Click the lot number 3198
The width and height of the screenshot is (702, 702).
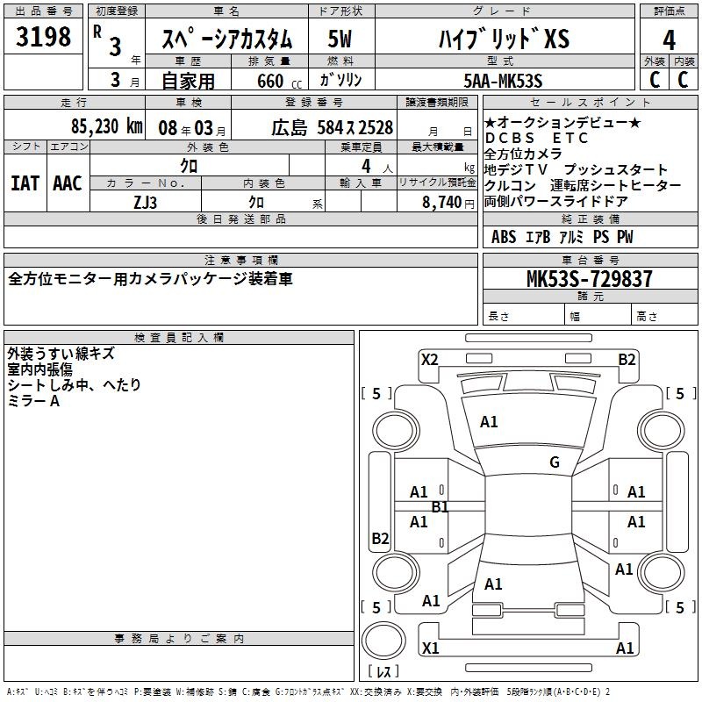43,37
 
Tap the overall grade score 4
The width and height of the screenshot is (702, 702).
669,39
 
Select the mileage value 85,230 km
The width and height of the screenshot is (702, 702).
107,126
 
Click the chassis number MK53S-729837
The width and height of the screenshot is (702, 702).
589,278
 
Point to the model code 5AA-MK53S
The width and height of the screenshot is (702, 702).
503,81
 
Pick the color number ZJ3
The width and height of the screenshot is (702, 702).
145,203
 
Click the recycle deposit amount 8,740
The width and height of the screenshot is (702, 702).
441,202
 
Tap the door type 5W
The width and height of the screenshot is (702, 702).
340,39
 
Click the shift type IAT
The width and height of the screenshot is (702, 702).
25,183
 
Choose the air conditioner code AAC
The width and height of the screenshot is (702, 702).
68,183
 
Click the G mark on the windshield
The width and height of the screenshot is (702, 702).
555,462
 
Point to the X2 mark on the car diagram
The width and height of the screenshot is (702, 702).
429,360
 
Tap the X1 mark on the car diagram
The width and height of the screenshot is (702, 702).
430,648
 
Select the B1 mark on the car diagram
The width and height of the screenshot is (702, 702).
440,507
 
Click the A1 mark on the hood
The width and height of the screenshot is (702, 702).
489,422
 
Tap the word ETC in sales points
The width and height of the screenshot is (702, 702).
569,138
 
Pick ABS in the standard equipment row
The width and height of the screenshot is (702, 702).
504,237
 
